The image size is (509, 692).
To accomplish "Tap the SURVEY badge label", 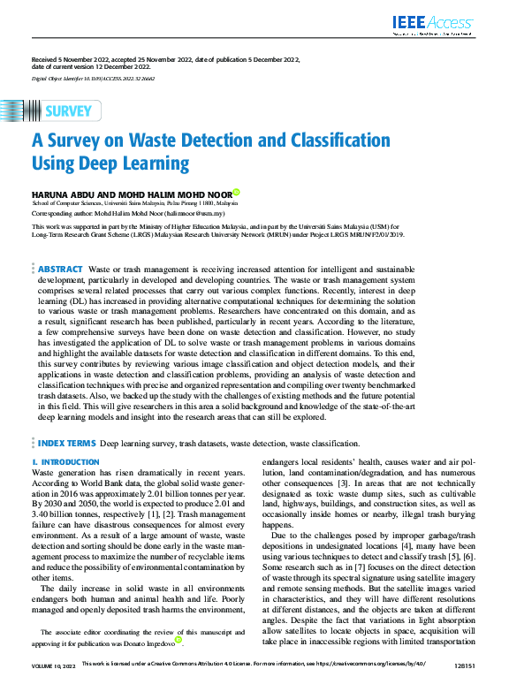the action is tap(67, 111).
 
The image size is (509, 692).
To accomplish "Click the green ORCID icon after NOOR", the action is tap(236, 193).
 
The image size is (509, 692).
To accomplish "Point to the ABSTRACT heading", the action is tap(60, 269).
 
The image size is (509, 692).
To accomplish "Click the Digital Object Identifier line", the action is tap(93, 78).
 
